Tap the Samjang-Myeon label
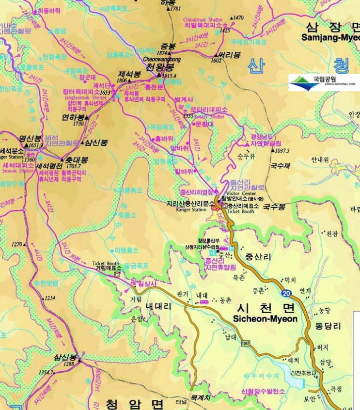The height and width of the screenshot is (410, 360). [330, 37]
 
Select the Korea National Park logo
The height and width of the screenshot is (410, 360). [323, 82]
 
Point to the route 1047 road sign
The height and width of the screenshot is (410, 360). [246, 343]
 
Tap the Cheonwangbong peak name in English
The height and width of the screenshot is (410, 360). [162, 59]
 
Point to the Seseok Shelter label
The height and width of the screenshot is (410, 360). [15, 171]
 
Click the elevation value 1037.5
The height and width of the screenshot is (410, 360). [282, 151]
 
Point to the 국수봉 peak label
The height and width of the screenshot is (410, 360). [274, 206]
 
